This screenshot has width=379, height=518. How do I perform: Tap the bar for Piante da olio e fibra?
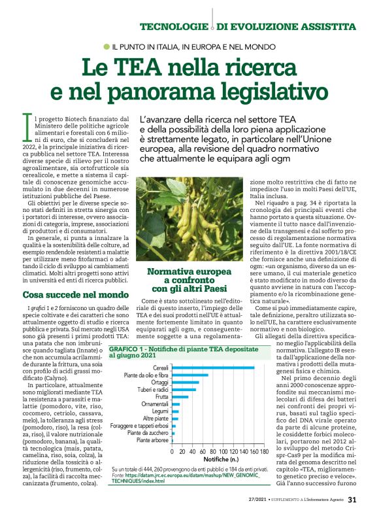[x=190, y=375]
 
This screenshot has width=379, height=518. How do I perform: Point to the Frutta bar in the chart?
[x=180, y=397]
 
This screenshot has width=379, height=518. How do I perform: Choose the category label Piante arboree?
[x=152, y=441]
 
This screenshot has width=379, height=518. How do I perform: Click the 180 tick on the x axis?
[x=264, y=451]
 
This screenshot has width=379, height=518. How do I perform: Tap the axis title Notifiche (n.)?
[x=212, y=460]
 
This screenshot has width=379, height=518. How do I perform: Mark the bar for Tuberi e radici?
[x=184, y=390]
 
